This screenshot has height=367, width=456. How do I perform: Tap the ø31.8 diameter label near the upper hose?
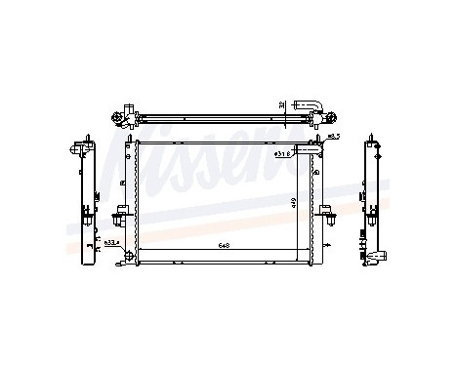click(x=283, y=153)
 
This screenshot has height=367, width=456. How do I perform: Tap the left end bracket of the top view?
click(x=124, y=117)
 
